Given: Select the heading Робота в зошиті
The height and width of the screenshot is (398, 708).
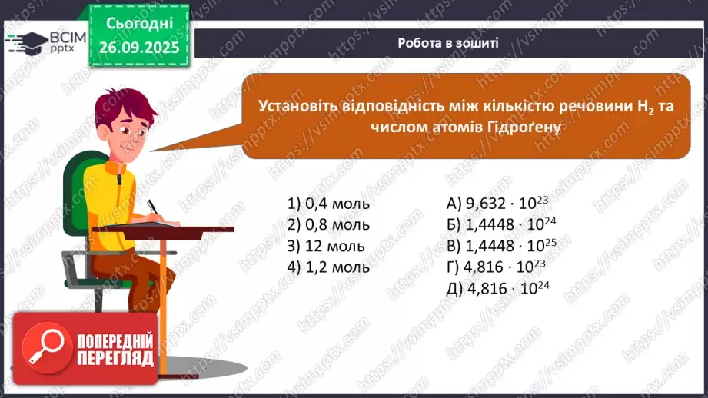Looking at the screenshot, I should tap(448, 43).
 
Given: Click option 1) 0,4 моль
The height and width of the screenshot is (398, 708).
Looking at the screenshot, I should tap(328, 204).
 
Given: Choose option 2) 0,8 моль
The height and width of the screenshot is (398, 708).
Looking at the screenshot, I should tap(328, 225).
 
